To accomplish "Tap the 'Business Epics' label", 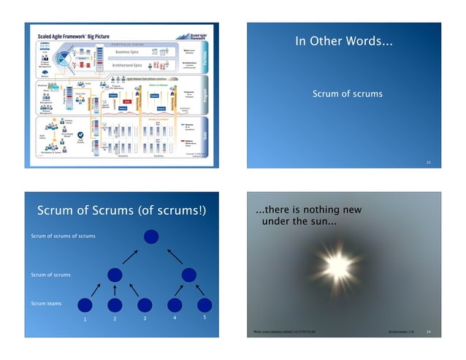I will (x=127, y=53).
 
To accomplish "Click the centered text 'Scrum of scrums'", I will (x=347, y=94).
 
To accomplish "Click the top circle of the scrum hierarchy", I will (x=151, y=237).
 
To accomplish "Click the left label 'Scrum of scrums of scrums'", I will (x=63, y=237).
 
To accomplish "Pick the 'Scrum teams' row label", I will (x=45, y=302).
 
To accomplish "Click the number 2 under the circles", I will (x=115, y=320).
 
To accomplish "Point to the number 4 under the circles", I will (x=175, y=318).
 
